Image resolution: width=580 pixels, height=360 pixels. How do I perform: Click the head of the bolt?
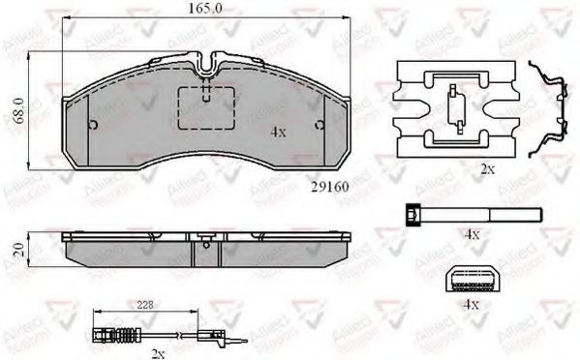[413, 215]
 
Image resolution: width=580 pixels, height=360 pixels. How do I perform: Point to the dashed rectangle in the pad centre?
[207, 105]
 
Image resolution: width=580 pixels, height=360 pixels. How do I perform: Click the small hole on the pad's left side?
[91, 125]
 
